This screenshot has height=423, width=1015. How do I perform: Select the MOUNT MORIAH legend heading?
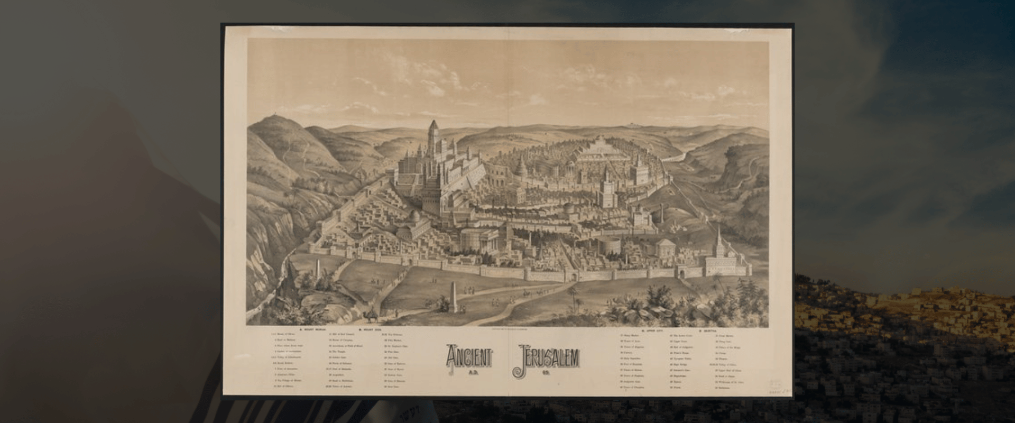(x=314, y=329)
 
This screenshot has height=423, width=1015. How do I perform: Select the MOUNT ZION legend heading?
(x=370, y=329)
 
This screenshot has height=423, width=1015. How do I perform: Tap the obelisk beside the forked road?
(x=452, y=297)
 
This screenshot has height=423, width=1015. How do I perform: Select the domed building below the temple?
(x=415, y=217)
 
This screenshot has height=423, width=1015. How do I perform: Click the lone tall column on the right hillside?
(x=661, y=216)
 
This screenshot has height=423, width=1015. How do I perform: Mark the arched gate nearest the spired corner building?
(x=684, y=273)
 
